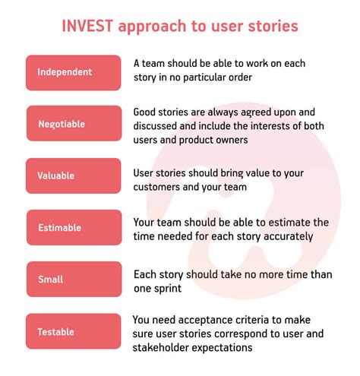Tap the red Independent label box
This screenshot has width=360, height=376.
(x=73, y=72)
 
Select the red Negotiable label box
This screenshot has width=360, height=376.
(x=73, y=123)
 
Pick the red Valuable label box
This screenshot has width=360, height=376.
(x=73, y=175)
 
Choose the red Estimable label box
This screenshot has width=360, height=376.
(x=73, y=227)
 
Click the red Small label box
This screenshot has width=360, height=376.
(x=73, y=279)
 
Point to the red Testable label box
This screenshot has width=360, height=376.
(x=73, y=331)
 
